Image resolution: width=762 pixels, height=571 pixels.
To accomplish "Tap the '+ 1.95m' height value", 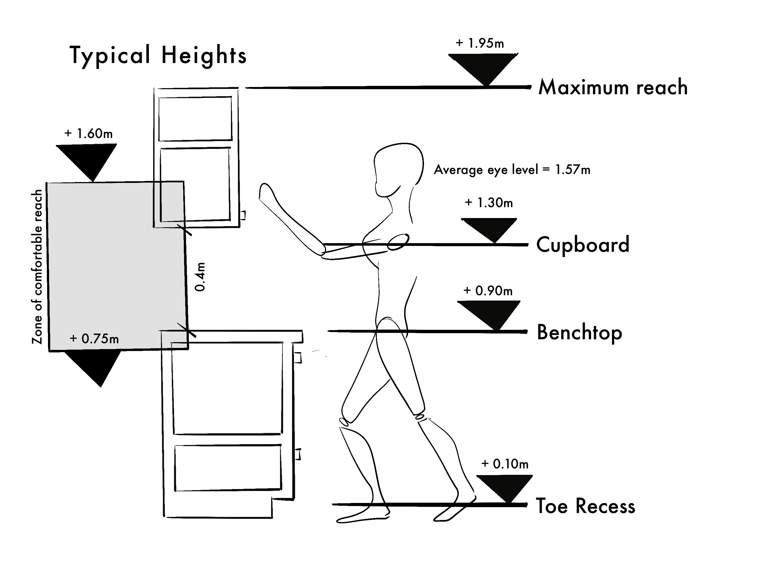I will [x=479, y=43].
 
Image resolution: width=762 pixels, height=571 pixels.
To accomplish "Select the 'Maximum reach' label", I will [x=613, y=87].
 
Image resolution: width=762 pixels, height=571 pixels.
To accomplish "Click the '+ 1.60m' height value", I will [x=88, y=134].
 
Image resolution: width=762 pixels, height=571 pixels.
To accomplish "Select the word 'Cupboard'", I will [x=583, y=245].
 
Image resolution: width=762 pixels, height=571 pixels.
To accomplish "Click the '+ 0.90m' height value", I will [x=488, y=291].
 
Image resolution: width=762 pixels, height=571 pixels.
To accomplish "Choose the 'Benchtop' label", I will [x=579, y=332].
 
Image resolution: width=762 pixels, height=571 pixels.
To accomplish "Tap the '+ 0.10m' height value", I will [x=505, y=464].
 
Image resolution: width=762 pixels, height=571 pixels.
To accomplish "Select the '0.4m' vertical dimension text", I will [x=200, y=277].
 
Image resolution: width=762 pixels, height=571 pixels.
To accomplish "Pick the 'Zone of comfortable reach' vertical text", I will [x=37, y=267].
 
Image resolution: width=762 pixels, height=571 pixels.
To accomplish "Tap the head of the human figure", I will [x=399, y=169].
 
